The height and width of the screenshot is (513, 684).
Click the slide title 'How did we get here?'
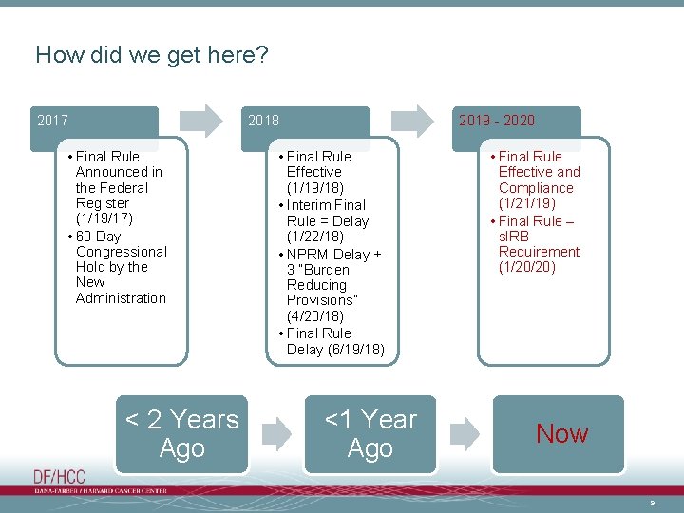[x=152, y=55]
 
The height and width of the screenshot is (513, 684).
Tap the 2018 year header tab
[x=305, y=122]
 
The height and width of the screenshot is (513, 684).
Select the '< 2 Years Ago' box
[x=181, y=434]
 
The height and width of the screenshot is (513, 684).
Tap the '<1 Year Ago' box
[x=370, y=434]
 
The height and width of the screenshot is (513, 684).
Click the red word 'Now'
[x=561, y=434]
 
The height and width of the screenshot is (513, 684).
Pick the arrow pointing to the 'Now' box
[x=465, y=434]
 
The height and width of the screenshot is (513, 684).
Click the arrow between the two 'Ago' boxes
[x=276, y=434]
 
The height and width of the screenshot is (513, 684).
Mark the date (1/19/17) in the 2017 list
[x=104, y=218]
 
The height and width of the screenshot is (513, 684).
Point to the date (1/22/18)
[x=315, y=237]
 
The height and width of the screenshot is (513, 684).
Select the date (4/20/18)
[x=315, y=315]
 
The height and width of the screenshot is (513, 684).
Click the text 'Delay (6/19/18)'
[x=335, y=350]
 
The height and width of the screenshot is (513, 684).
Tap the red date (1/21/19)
[x=527, y=203]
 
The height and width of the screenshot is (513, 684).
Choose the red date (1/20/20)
[x=527, y=267]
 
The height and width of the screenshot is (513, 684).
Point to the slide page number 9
[x=652, y=501]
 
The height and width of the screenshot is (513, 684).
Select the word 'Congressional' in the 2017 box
[x=121, y=252]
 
